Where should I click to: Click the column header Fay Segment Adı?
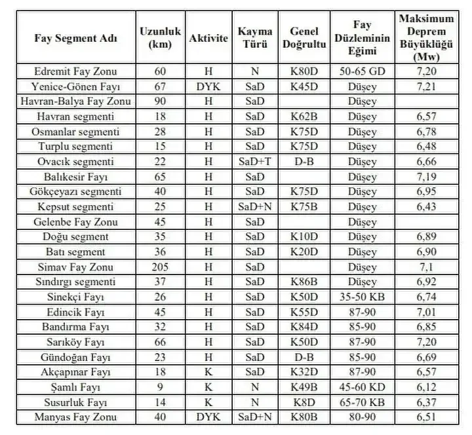[75, 38]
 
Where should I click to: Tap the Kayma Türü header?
[255, 38]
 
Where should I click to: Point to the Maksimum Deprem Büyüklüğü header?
[427, 38]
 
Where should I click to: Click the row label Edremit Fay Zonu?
[75, 71]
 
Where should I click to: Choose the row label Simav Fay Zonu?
[75, 267]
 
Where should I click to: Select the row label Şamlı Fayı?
[75, 387]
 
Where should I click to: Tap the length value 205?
[160, 267]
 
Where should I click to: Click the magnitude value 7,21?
[427, 86]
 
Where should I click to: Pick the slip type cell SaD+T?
[255, 161]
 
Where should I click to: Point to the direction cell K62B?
[303, 116]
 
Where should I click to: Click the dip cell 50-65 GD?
[363, 71]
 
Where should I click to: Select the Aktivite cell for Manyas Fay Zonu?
[208, 417]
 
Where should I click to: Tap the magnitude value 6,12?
[427, 387]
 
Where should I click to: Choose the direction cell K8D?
[303, 402]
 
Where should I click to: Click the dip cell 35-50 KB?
[363, 297]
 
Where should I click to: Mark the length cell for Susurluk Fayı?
[160, 402]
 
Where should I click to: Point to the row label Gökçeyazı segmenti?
[75, 191]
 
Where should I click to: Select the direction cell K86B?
[303, 282]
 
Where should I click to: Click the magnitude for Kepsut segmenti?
[427, 206]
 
